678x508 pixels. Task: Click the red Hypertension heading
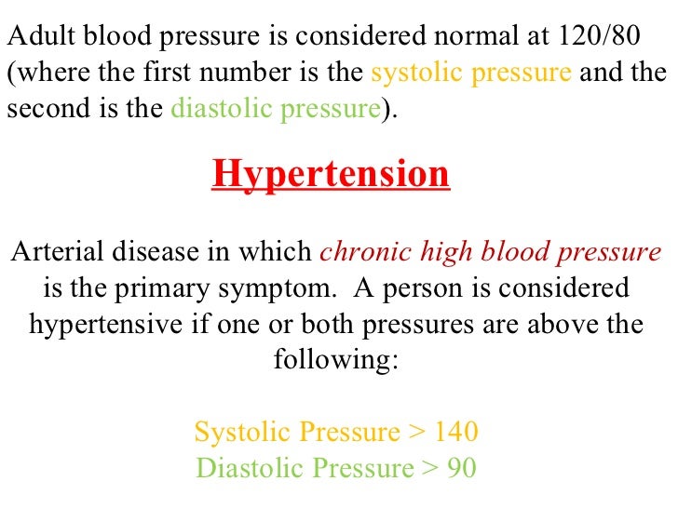[x=331, y=174]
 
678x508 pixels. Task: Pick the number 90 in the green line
[x=462, y=467]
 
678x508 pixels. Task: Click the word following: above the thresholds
[x=336, y=359]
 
